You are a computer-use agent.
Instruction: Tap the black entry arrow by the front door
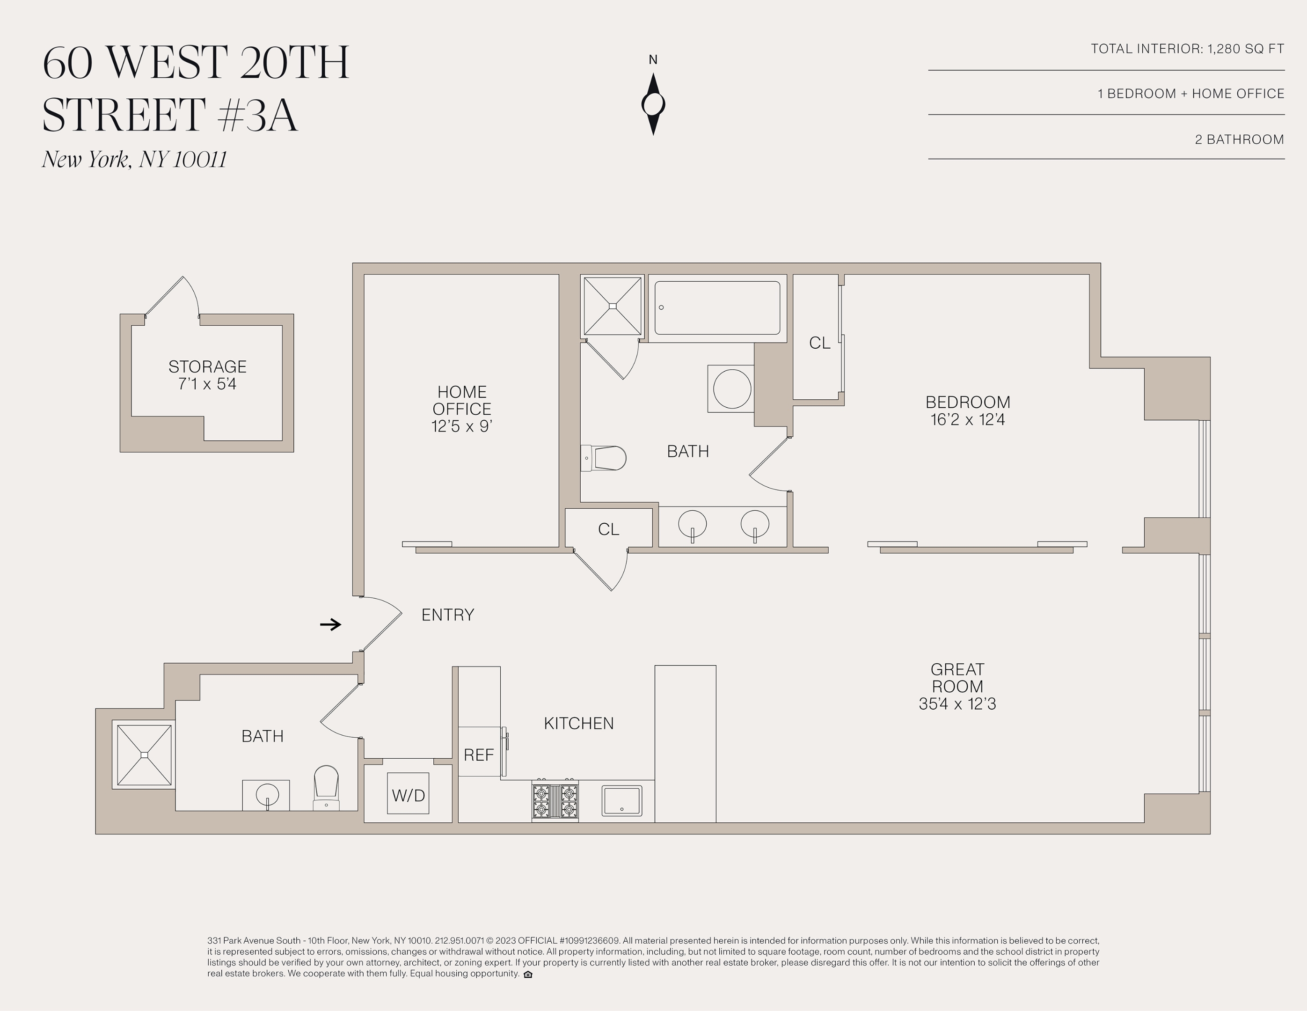click(x=330, y=624)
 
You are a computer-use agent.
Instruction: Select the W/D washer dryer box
click(x=408, y=794)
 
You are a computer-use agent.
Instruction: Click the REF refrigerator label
click(x=479, y=755)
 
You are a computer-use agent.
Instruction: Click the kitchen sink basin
click(x=622, y=800)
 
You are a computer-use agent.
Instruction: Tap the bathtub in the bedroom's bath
click(x=717, y=308)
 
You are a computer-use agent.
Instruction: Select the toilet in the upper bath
click(x=605, y=458)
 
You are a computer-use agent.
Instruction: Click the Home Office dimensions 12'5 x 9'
click(x=461, y=426)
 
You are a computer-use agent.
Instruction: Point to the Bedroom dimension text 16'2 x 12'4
click(x=967, y=419)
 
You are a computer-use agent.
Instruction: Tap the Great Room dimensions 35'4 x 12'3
click(x=957, y=704)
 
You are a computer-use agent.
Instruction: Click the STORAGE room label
click(x=207, y=366)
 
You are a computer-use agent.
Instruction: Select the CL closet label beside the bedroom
click(x=819, y=343)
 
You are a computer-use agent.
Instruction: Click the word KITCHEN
click(x=579, y=723)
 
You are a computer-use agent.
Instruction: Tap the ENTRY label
click(x=448, y=615)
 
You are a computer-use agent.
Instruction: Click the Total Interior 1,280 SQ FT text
click(x=1187, y=49)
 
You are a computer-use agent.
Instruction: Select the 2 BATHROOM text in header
click(x=1239, y=139)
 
